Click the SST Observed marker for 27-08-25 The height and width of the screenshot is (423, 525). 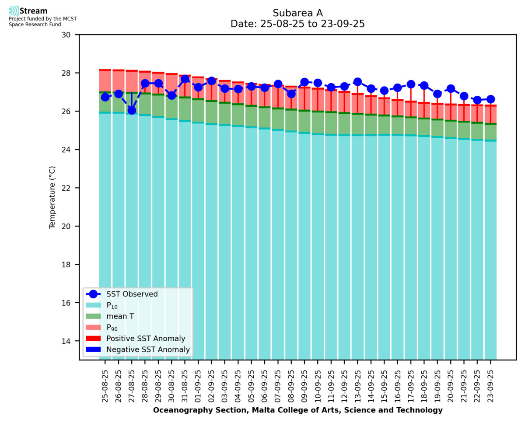click(x=132, y=110)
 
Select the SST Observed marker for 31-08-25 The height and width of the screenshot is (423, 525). click(x=185, y=79)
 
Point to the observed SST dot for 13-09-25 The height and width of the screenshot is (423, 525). click(x=357, y=82)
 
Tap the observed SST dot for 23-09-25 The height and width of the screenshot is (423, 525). click(x=490, y=99)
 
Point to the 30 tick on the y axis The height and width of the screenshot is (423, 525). click(x=70, y=35)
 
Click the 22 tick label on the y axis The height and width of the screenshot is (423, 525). click(x=70, y=188)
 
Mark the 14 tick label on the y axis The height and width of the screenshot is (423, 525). click(x=70, y=341)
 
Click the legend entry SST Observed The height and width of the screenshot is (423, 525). click(x=132, y=294)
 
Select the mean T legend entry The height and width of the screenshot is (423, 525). click(x=120, y=316)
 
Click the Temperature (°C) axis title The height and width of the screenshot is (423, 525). click(x=52, y=197)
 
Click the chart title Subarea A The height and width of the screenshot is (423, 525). click(x=297, y=13)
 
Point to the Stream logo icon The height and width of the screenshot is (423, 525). click(x=14, y=11)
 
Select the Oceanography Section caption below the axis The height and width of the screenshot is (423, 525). click(x=297, y=410)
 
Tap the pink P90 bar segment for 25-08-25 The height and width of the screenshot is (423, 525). click(x=105, y=81)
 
